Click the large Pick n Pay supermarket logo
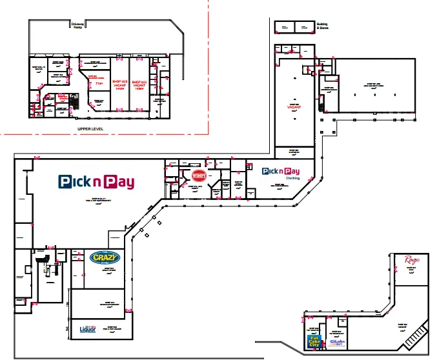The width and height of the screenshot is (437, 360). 96,182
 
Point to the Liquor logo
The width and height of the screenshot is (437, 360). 87,329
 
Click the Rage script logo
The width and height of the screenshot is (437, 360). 412,261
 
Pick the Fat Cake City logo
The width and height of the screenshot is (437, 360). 315,341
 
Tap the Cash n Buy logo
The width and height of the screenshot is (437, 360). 338,342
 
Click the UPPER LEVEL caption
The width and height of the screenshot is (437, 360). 91,129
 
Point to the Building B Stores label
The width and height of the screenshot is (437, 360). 322,26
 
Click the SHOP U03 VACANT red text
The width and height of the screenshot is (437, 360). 118,83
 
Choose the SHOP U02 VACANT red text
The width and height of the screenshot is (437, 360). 139,85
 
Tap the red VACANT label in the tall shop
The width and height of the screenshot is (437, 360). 295,108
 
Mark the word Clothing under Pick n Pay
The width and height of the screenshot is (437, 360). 292,177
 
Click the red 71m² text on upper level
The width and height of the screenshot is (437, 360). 99,83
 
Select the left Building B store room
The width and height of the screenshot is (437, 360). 284,26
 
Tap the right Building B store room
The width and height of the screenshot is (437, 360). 302,26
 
